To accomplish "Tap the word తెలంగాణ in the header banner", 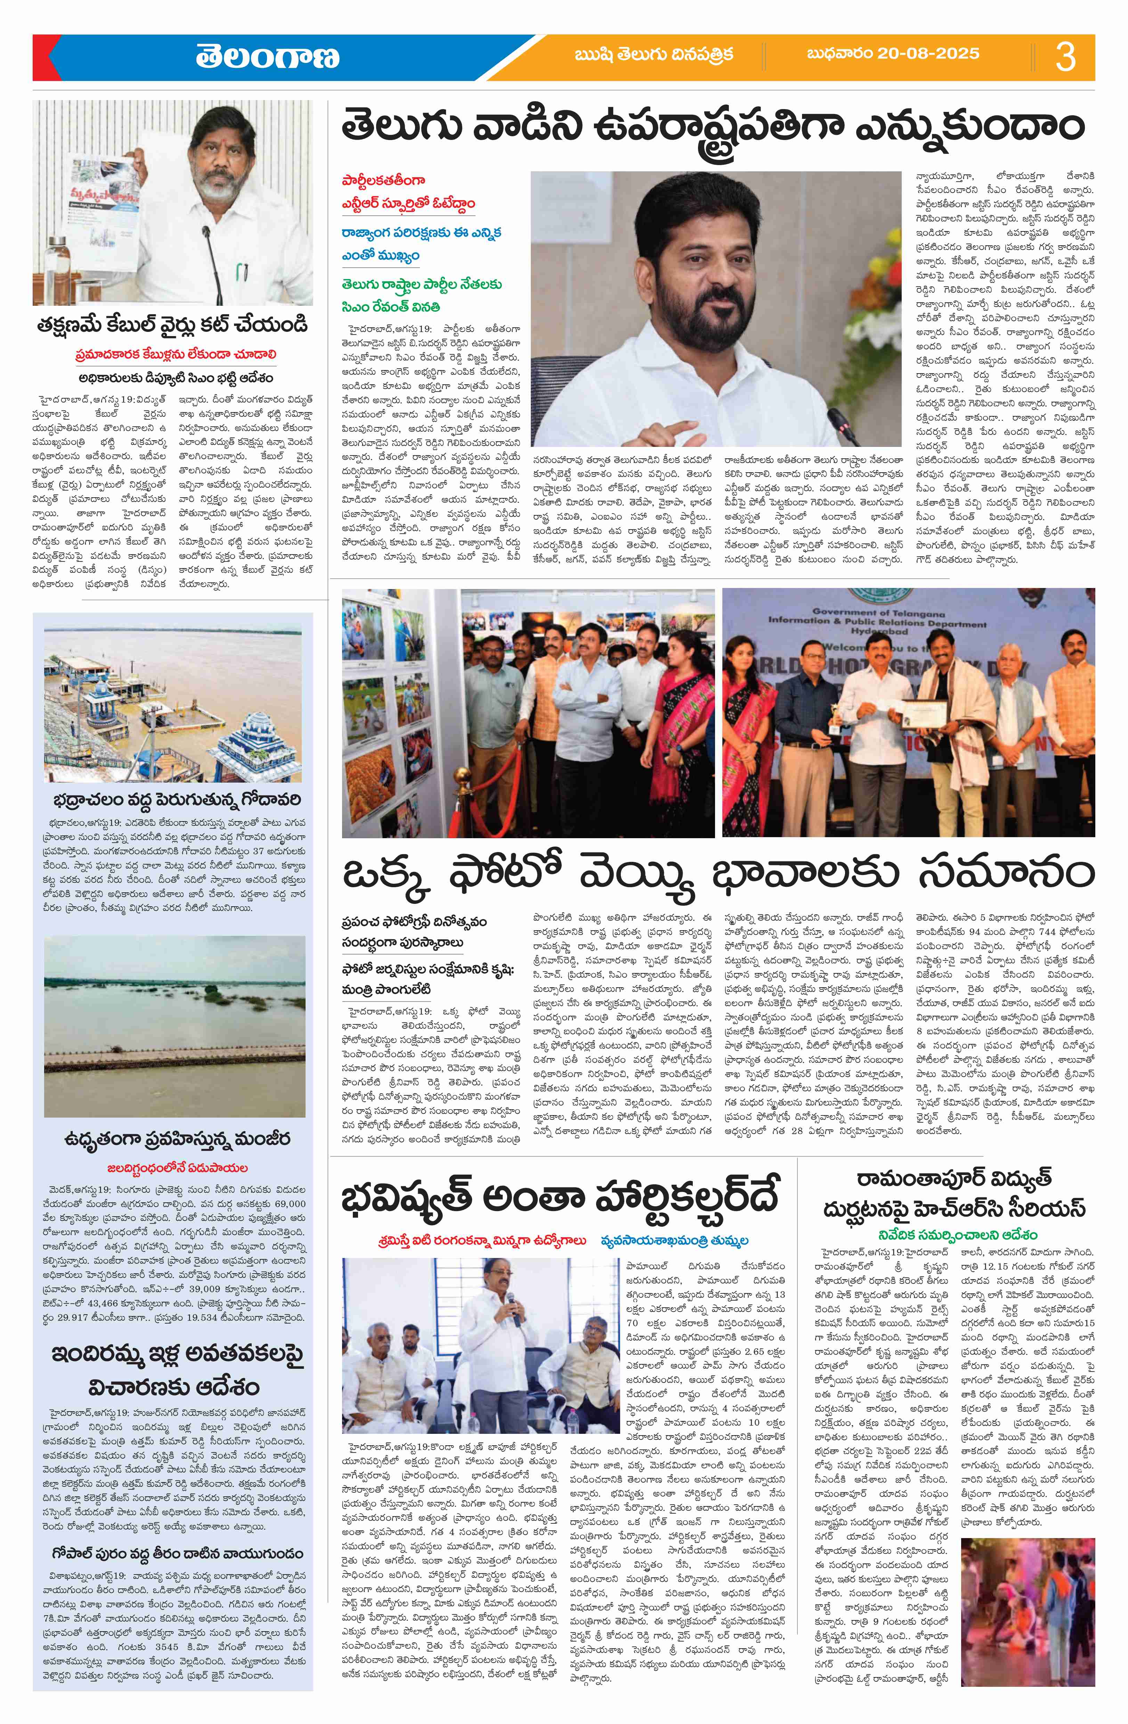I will point(267,57).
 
